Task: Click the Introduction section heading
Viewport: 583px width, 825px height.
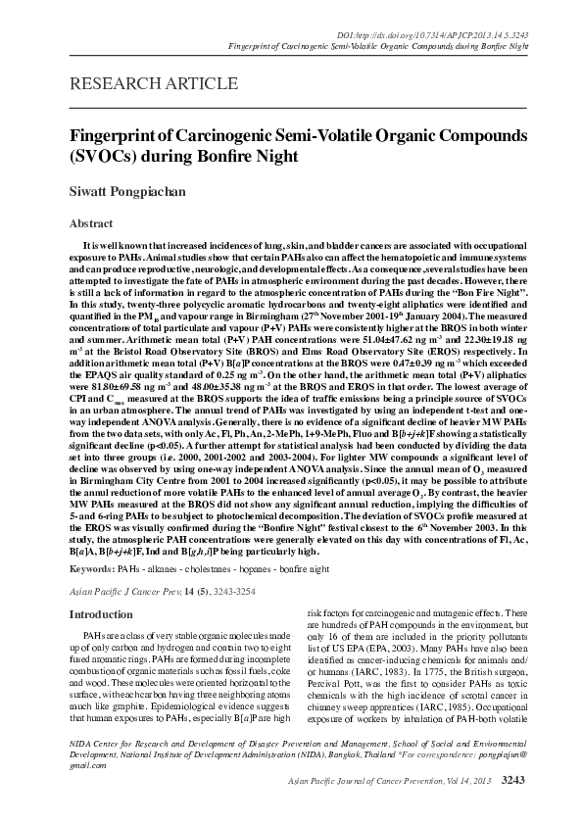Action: point(100,614)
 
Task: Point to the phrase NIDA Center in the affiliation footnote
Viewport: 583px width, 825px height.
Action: point(91,747)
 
